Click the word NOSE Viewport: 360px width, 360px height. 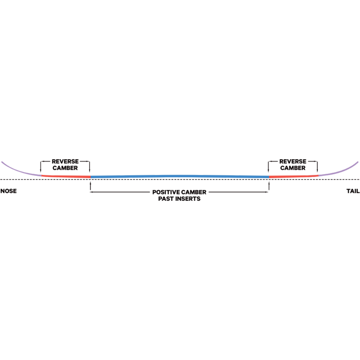(9, 191)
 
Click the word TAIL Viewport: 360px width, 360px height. (352, 191)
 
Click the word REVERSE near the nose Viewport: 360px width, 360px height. (65, 162)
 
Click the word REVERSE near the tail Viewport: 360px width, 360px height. (293, 162)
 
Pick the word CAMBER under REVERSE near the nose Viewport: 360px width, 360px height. (65, 168)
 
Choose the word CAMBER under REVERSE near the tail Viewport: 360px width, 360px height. (293, 168)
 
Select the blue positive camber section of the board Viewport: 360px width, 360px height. (180, 175)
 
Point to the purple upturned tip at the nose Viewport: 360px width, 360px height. (20, 170)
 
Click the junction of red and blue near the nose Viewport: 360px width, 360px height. (90, 177)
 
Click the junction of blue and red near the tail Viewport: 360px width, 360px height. (269, 177)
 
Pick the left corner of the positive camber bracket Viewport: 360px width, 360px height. (92, 192)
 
